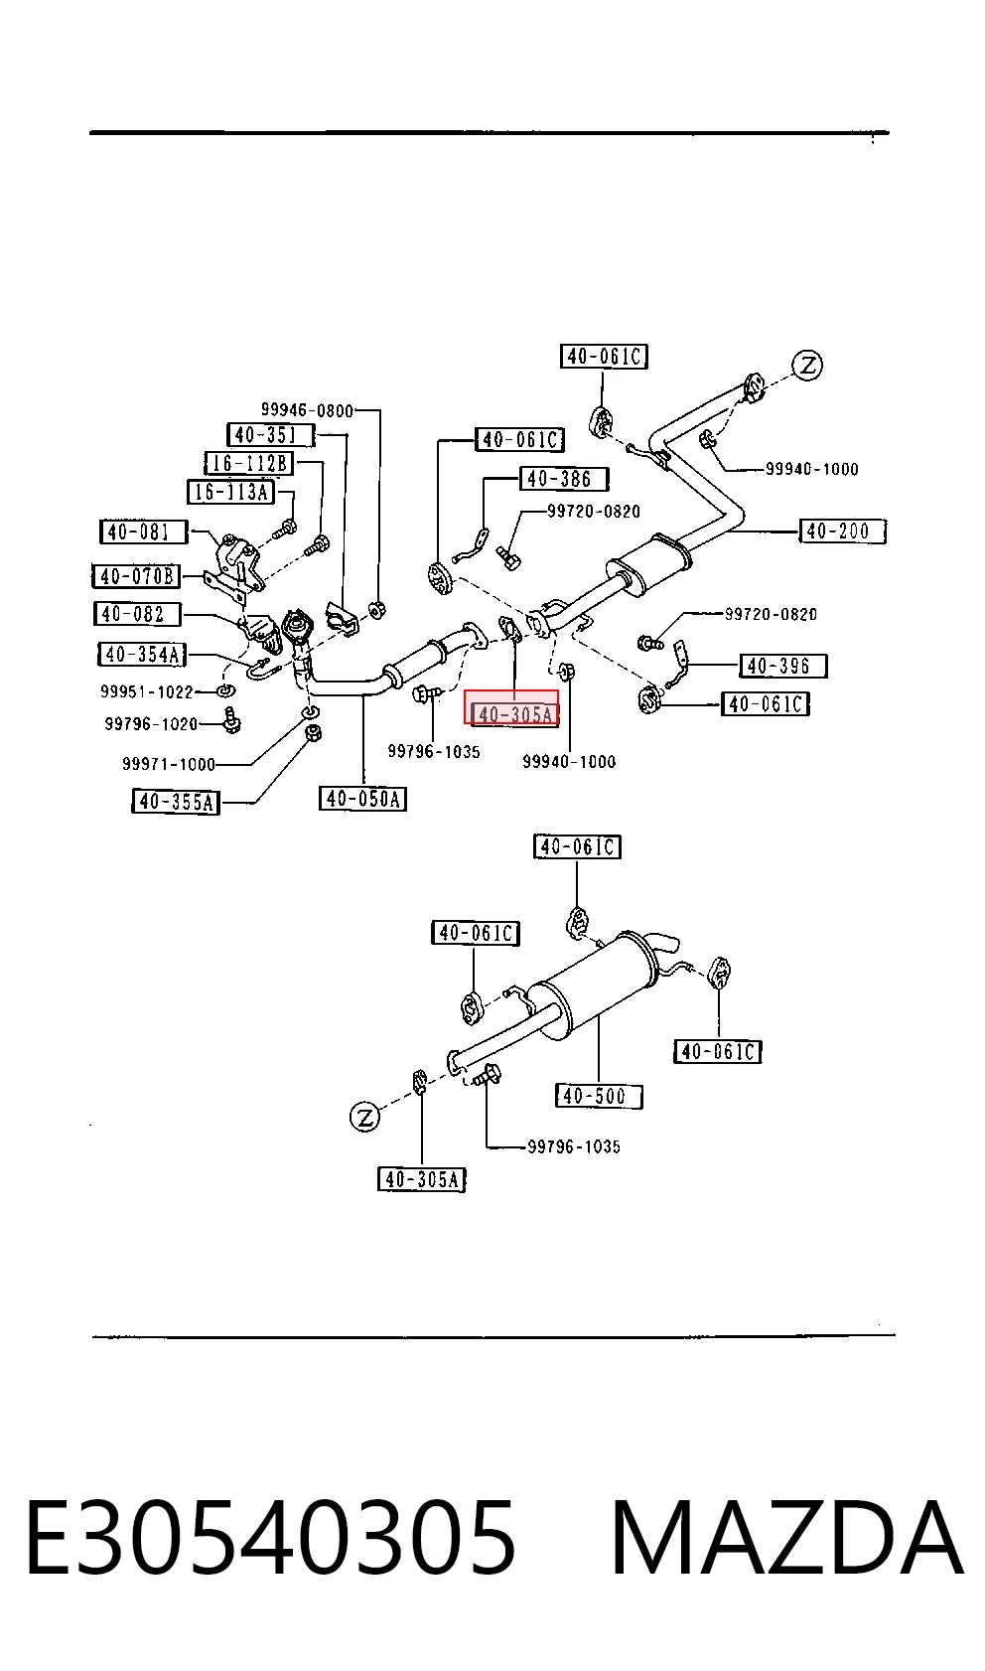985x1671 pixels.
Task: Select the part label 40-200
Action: tap(843, 532)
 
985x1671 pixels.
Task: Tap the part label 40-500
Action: tap(599, 1096)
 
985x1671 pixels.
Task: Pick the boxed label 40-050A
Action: tap(362, 798)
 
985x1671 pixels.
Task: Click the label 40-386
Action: tap(564, 479)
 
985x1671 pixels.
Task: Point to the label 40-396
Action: tap(782, 666)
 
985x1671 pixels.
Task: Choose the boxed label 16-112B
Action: tap(249, 463)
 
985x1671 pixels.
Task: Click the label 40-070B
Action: tap(136, 576)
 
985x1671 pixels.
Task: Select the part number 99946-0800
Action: tap(307, 409)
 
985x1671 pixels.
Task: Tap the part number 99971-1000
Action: tap(169, 764)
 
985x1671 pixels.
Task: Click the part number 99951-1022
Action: tap(147, 691)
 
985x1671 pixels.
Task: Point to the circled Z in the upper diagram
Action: tap(807, 366)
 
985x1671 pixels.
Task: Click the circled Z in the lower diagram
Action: tap(364, 1117)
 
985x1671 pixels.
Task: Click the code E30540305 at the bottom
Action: tap(271, 1538)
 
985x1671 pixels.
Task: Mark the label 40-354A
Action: tap(142, 655)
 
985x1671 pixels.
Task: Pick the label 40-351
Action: tap(270, 435)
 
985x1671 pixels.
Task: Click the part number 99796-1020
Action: tap(151, 723)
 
